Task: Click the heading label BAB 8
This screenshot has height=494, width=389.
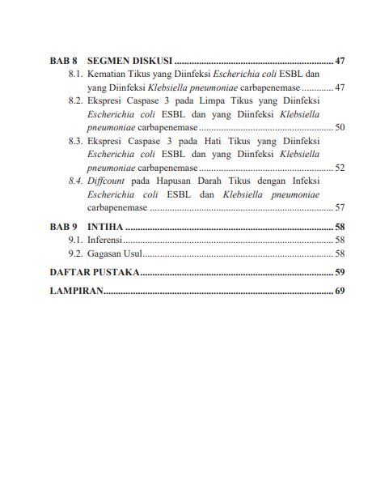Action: [x=62, y=61]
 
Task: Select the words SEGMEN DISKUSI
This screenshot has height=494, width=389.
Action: [x=129, y=61]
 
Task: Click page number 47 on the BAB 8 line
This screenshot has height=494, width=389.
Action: [x=340, y=61]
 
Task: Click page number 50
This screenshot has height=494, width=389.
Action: [x=340, y=128]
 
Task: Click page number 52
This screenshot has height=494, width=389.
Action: [x=340, y=168]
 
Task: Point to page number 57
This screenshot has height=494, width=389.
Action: [x=340, y=207]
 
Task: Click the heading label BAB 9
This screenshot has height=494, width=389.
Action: [x=62, y=227]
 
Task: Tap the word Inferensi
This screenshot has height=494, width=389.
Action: [x=106, y=241]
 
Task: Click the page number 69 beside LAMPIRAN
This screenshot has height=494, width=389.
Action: [x=340, y=291]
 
